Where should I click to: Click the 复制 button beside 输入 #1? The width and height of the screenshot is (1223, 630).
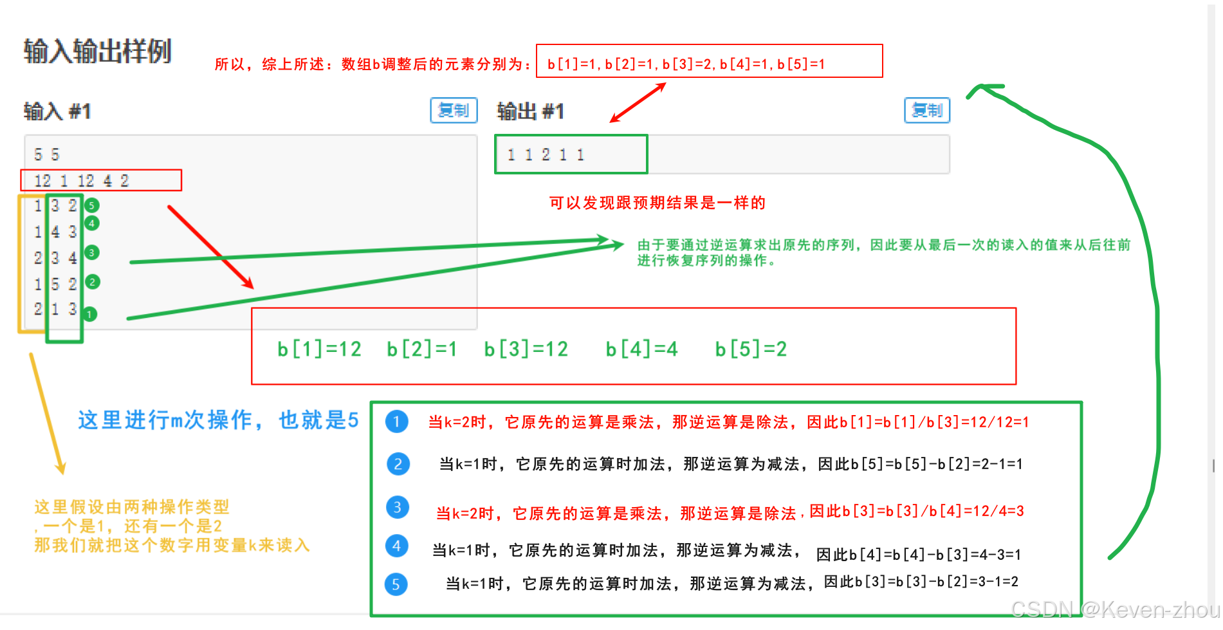click(454, 110)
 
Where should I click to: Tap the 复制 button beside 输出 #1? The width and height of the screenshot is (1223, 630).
click(927, 110)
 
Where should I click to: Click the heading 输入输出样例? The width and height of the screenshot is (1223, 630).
click(98, 51)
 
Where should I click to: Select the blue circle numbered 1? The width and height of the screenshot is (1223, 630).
click(397, 422)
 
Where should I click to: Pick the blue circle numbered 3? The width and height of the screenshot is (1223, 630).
click(397, 507)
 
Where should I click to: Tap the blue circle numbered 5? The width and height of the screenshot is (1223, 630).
click(396, 584)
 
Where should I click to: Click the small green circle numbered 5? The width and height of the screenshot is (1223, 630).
click(92, 206)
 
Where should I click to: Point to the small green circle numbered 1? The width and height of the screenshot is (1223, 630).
click(90, 314)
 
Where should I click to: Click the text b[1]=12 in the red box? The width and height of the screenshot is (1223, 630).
click(319, 349)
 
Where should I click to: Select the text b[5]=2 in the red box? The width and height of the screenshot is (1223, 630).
click(751, 349)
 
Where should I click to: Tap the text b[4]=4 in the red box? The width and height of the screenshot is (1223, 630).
click(641, 349)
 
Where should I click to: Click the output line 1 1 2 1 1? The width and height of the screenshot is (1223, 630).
click(546, 155)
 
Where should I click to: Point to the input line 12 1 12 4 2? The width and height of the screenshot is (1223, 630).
click(81, 181)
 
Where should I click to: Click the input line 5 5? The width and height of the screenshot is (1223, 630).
click(47, 154)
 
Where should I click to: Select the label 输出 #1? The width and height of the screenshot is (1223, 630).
click(530, 111)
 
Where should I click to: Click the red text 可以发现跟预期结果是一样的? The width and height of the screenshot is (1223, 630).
click(657, 203)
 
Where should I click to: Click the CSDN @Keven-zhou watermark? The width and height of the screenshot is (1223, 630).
click(1114, 609)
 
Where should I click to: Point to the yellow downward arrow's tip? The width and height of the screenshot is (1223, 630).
click(62, 472)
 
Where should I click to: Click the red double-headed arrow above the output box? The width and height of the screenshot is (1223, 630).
click(638, 103)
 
